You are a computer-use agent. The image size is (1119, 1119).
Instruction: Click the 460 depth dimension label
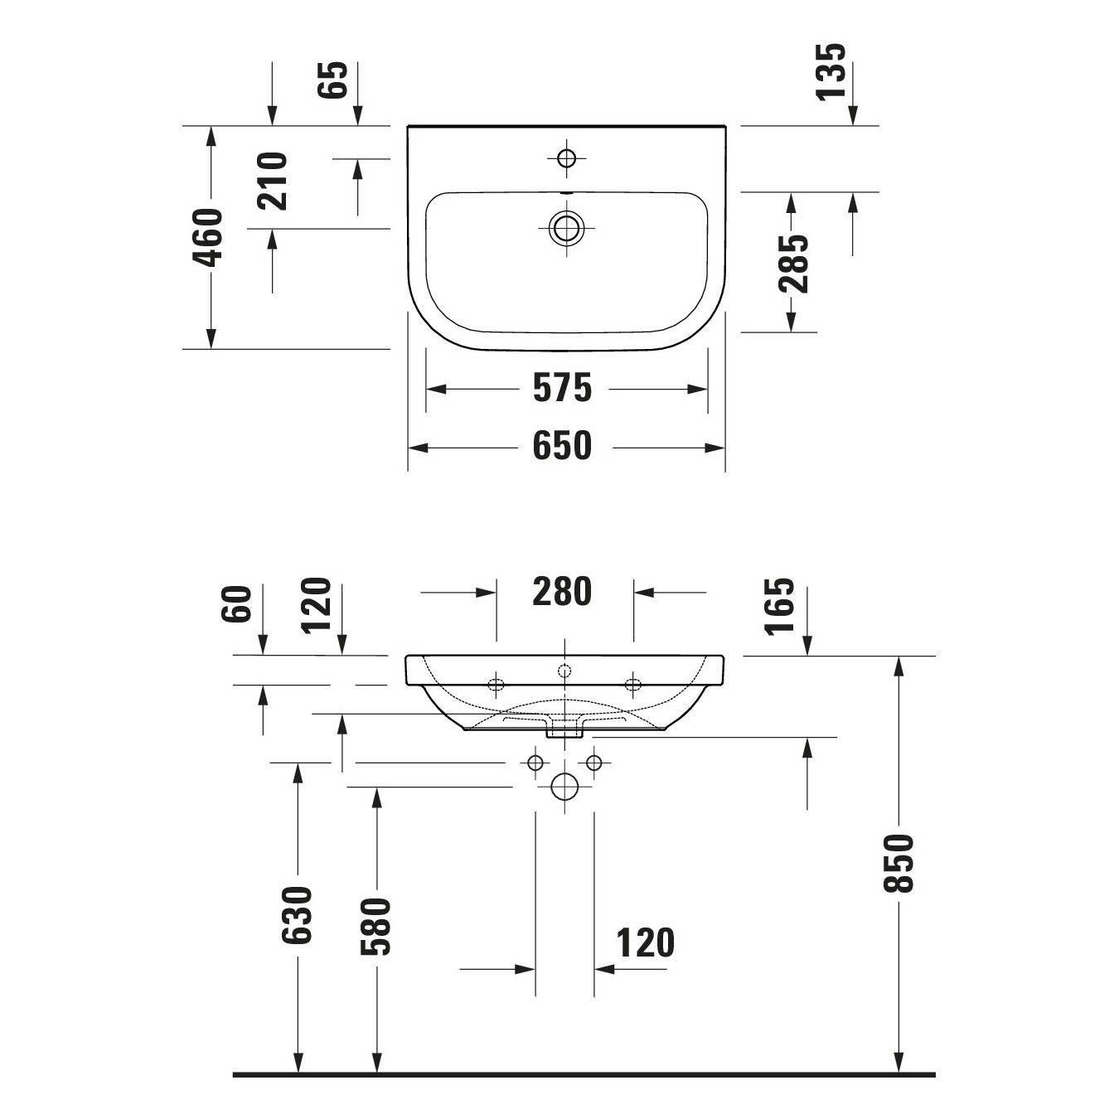click(x=208, y=237)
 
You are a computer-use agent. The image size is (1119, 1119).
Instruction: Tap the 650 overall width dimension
click(x=562, y=446)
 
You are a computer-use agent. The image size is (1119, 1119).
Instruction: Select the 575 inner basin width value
click(x=562, y=387)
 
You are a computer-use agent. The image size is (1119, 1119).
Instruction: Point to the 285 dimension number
click(x=793, y=264)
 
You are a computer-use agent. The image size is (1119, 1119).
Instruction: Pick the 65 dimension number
click(x=332, y=80)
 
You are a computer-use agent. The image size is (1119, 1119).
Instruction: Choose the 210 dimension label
click(x=273, y=181)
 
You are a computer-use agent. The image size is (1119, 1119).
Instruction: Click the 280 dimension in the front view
click(x=562, y=591)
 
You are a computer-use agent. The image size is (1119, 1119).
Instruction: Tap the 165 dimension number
click(x=778, y=607)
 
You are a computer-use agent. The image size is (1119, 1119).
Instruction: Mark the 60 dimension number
click(x=236, y=604)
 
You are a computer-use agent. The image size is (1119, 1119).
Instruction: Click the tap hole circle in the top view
click(x=566, y=158)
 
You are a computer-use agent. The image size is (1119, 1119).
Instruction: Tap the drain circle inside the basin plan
click(x=567, y=228)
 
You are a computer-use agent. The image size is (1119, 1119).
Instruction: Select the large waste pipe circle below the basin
click(x=564, y=787)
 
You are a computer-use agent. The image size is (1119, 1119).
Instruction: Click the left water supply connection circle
click(x=535, y=763)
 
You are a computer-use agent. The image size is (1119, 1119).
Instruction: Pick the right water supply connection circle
click(x=594, y=763)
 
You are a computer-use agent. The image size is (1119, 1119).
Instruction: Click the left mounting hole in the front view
click(x=496, y=685)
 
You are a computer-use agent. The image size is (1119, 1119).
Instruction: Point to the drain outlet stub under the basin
click(x=564, y=732)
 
